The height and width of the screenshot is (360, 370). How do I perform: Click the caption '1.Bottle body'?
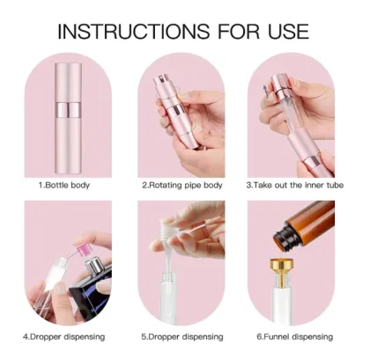pyautogui.click(x=64, y=186)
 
